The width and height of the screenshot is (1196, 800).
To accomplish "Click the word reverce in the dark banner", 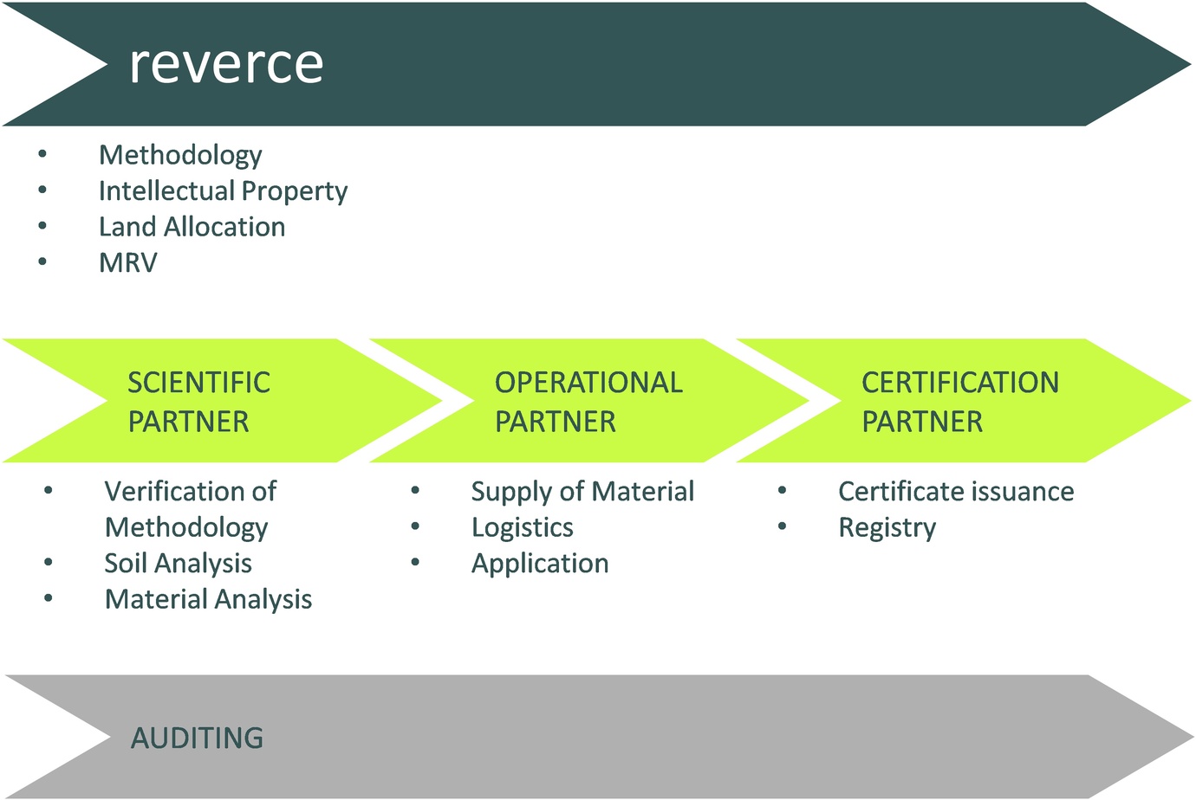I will pos(226,64).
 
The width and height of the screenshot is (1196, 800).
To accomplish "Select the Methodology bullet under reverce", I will pos(180,155).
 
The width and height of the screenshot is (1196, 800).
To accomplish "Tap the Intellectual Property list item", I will pos(223,190).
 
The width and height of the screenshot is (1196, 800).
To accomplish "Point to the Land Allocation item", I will pos(192,227).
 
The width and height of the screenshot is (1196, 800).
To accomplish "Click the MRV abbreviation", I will pos(128,262).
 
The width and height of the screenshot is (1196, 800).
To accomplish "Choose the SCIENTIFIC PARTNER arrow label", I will pos(198,402).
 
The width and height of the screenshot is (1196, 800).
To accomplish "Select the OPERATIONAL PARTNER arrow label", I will pos(588,402).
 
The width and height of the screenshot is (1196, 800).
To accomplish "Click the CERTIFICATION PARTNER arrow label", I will pos(959,402).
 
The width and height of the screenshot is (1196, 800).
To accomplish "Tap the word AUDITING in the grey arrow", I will pos(197,738).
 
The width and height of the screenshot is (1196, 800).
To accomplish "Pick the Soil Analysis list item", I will pos(178,564).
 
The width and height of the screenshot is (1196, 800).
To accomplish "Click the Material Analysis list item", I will pos(208,599).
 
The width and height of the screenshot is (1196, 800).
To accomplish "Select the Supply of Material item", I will pos(582,492).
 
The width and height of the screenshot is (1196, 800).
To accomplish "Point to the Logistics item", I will pos(522,527).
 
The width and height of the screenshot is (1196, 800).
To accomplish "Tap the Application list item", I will pos(540,564).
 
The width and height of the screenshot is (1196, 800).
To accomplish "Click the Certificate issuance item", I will pos(956,492).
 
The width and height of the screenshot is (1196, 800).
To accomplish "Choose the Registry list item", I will pos(887,527).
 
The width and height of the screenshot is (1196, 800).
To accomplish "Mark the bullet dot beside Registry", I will pos(783,526).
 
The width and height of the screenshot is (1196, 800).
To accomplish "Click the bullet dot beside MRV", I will pos(42,261).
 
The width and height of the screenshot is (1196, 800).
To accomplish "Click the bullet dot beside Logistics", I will pos(416,526).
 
